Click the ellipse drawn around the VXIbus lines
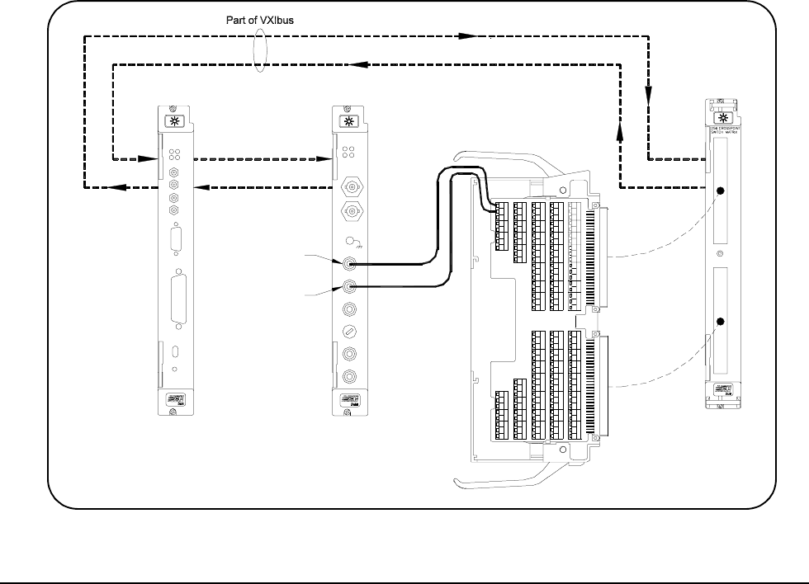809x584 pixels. coord(263,50)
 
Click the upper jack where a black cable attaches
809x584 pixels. coord(350,264)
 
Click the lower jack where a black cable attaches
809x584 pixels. coord(350,286)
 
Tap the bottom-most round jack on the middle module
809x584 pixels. coord(350,377)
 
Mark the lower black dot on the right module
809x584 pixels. coord(720,322)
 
